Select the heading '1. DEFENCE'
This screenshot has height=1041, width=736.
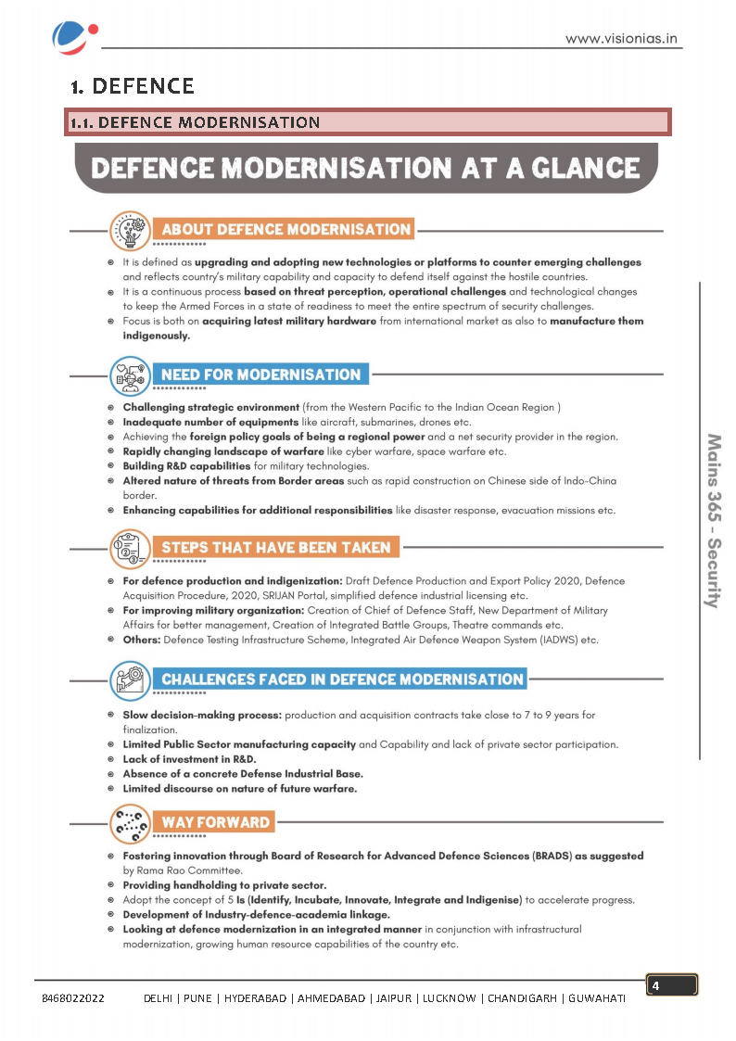pos(133,87)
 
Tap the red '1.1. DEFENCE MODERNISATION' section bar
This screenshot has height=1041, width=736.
pos(367,122)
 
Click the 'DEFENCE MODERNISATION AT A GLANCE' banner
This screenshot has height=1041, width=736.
pos(366,168)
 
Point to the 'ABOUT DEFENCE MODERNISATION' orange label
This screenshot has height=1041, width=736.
pos(286,229)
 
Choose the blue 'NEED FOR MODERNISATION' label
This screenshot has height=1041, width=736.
pos(260,375)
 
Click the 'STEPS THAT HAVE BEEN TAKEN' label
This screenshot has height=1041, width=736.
pos(275,547)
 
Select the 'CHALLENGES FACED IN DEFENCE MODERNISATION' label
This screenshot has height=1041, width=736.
pos(342,679)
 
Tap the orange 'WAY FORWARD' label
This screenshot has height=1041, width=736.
pos(216,822)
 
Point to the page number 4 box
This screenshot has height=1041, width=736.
pos(671,985)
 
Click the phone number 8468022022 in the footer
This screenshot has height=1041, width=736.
pos(73,998)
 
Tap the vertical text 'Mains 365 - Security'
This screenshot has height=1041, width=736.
pos(713,520)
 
